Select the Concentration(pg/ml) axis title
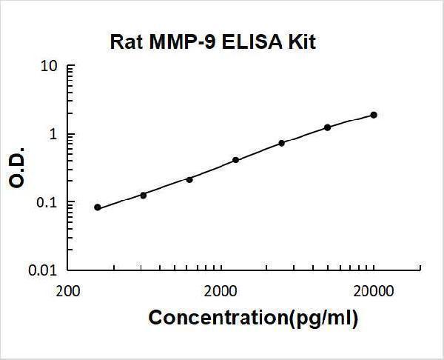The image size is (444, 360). pyautogui.click(x=254, y=319)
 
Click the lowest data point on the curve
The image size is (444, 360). pyautogui.click(x=98, y=207)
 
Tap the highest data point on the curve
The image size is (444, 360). pyautogui.click(x=374, y=115)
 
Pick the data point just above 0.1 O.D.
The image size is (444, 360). pyautogui.click(x=144, y=195)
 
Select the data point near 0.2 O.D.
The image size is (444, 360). pyautogui.click(x=189, y=179)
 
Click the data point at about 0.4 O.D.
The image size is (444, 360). pyautogui.click(x=235, y=159)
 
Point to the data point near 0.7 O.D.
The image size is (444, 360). pyautogui.click(x=281, y=142)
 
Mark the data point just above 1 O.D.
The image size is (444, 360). pyautogui.click(x=327, y=127)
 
